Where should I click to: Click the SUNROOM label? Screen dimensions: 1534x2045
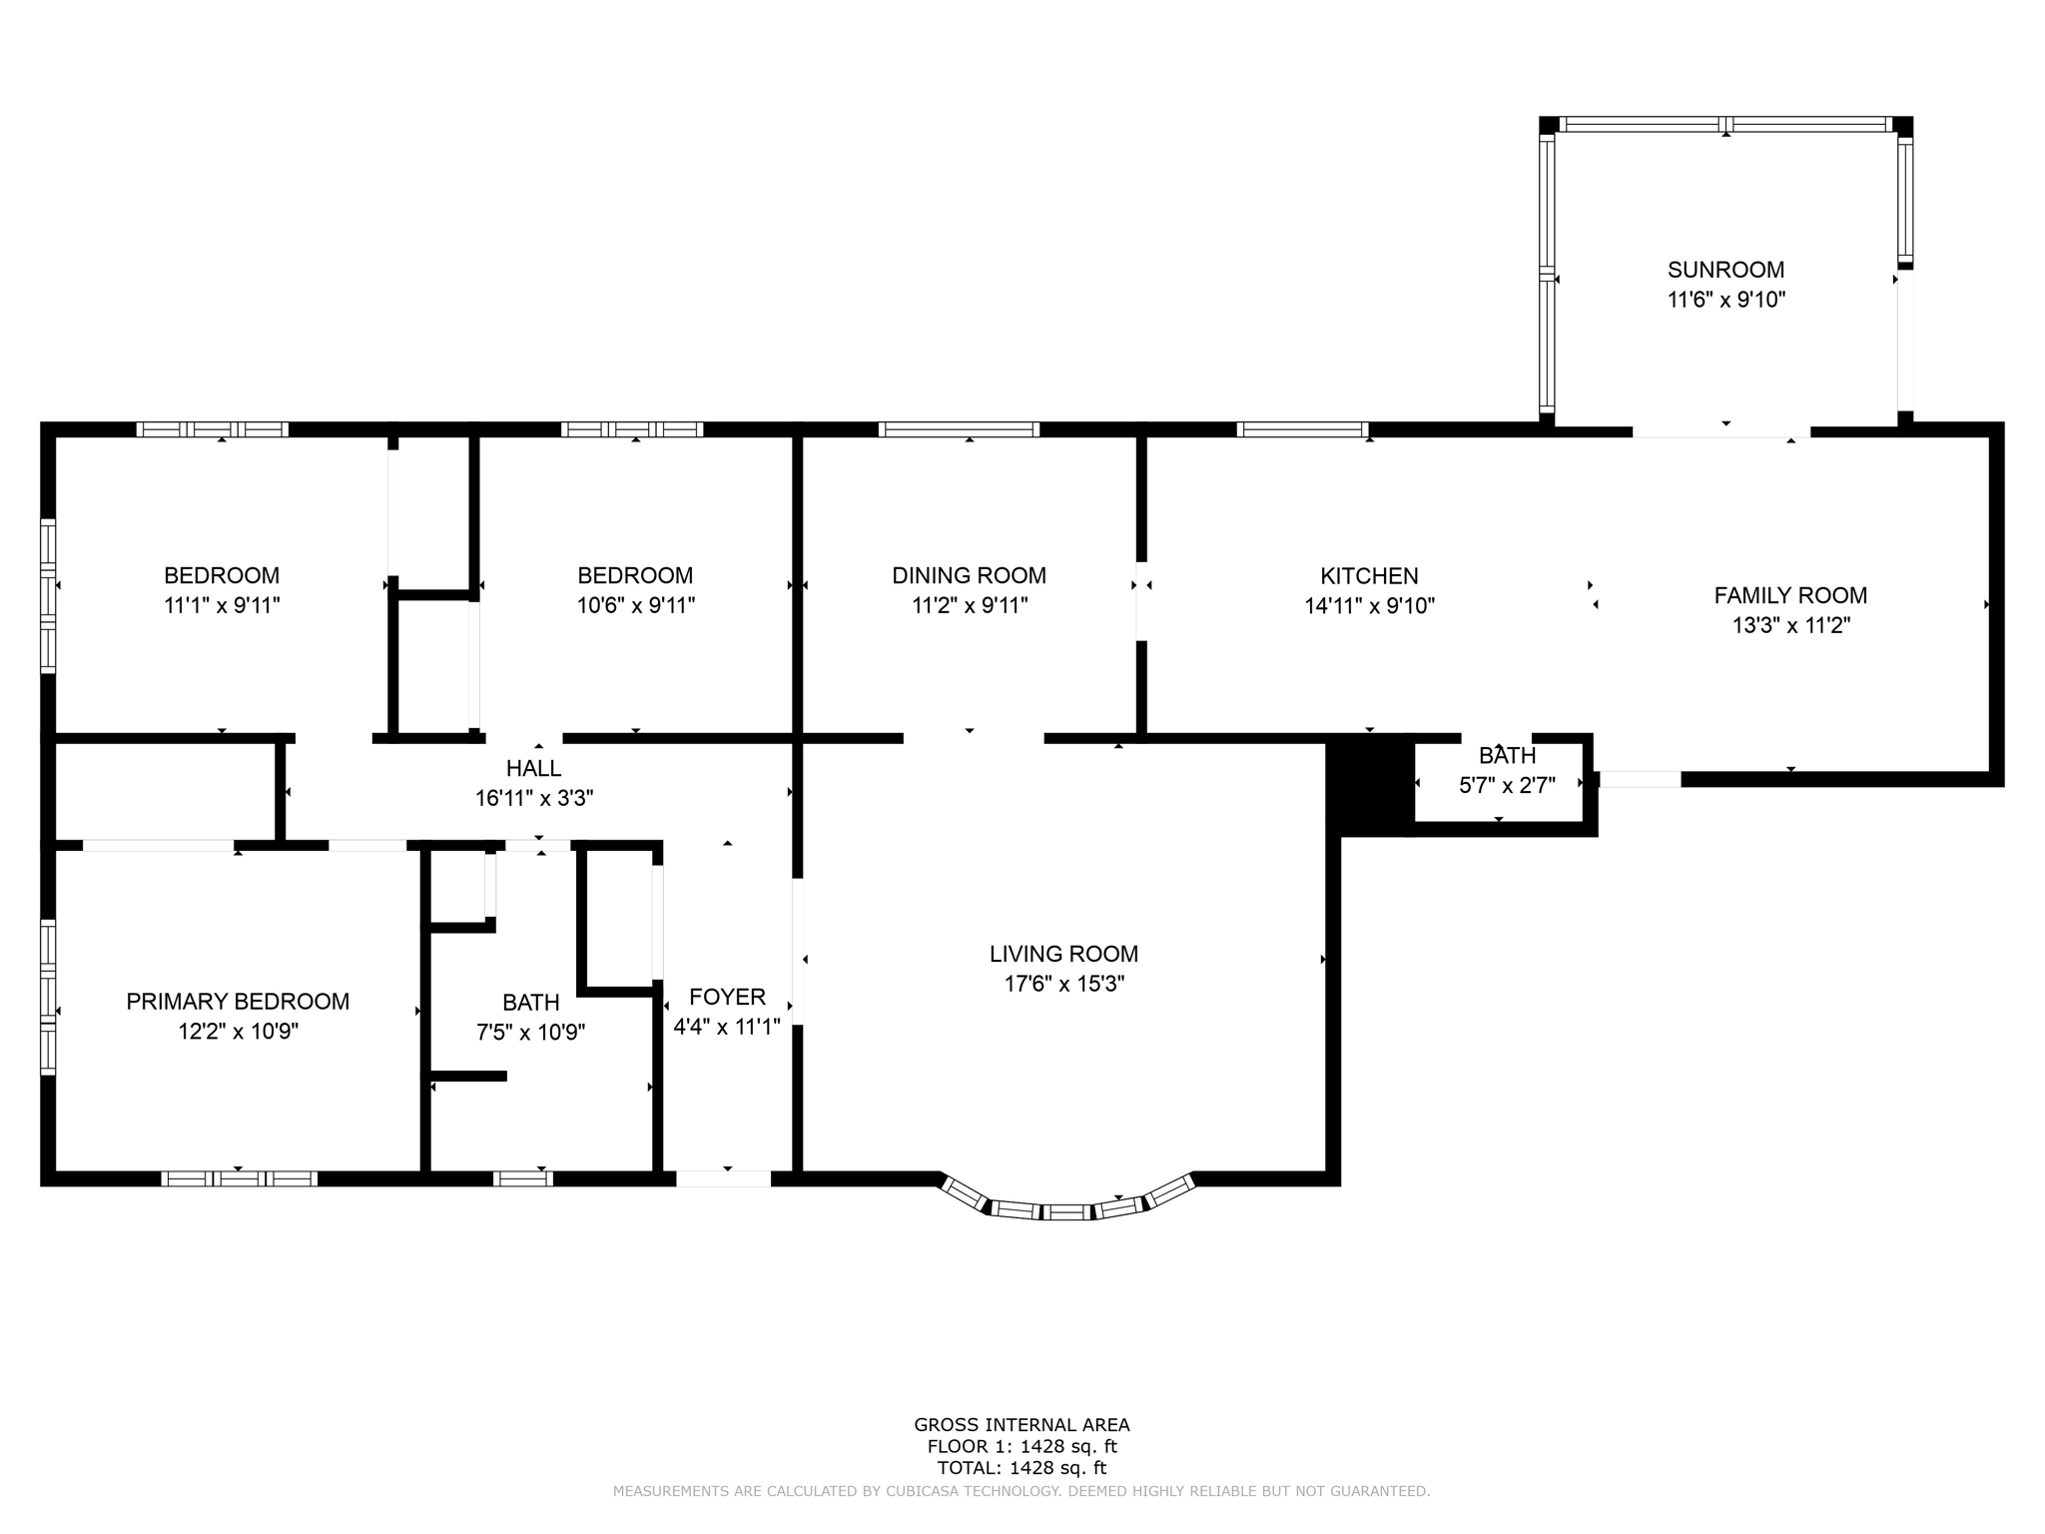point(1725,270)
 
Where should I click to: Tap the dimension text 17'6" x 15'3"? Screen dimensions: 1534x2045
point(1063,984)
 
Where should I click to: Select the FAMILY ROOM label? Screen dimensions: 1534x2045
point(1790,595)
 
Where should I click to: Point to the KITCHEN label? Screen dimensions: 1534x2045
point(1369,576)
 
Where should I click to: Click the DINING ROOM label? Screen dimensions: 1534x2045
point(969,575)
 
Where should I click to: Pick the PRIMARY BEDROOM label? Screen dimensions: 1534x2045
point(238,1002)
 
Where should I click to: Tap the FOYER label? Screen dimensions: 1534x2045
point(727,997)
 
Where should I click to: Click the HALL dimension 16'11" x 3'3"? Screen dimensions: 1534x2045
point(534,798)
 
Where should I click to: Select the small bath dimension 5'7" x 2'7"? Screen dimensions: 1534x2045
point(1507,785)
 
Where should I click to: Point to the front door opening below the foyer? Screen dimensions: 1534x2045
point(723,1178)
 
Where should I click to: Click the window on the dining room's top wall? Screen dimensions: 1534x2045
point(959,429)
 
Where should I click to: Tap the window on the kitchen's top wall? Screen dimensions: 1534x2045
point(1302,429)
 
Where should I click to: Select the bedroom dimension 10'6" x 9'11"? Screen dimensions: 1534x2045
point(635,605)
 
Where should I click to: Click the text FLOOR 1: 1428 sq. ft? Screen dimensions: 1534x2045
point(1022,1446)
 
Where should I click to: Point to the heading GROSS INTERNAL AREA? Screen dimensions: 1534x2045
point(1022,1425)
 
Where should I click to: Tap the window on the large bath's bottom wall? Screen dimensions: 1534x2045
point(522,1178)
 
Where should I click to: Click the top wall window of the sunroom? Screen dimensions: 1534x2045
point(1725,125)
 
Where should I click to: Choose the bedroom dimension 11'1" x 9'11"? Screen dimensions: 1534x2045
point(222,605)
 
